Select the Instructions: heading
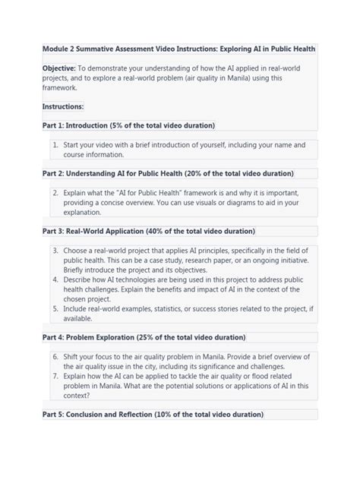click(63, 107)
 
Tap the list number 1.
click(56, 144)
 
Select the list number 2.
click(56, 193)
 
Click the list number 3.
click(56, 250)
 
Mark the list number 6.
click(56, 356)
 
